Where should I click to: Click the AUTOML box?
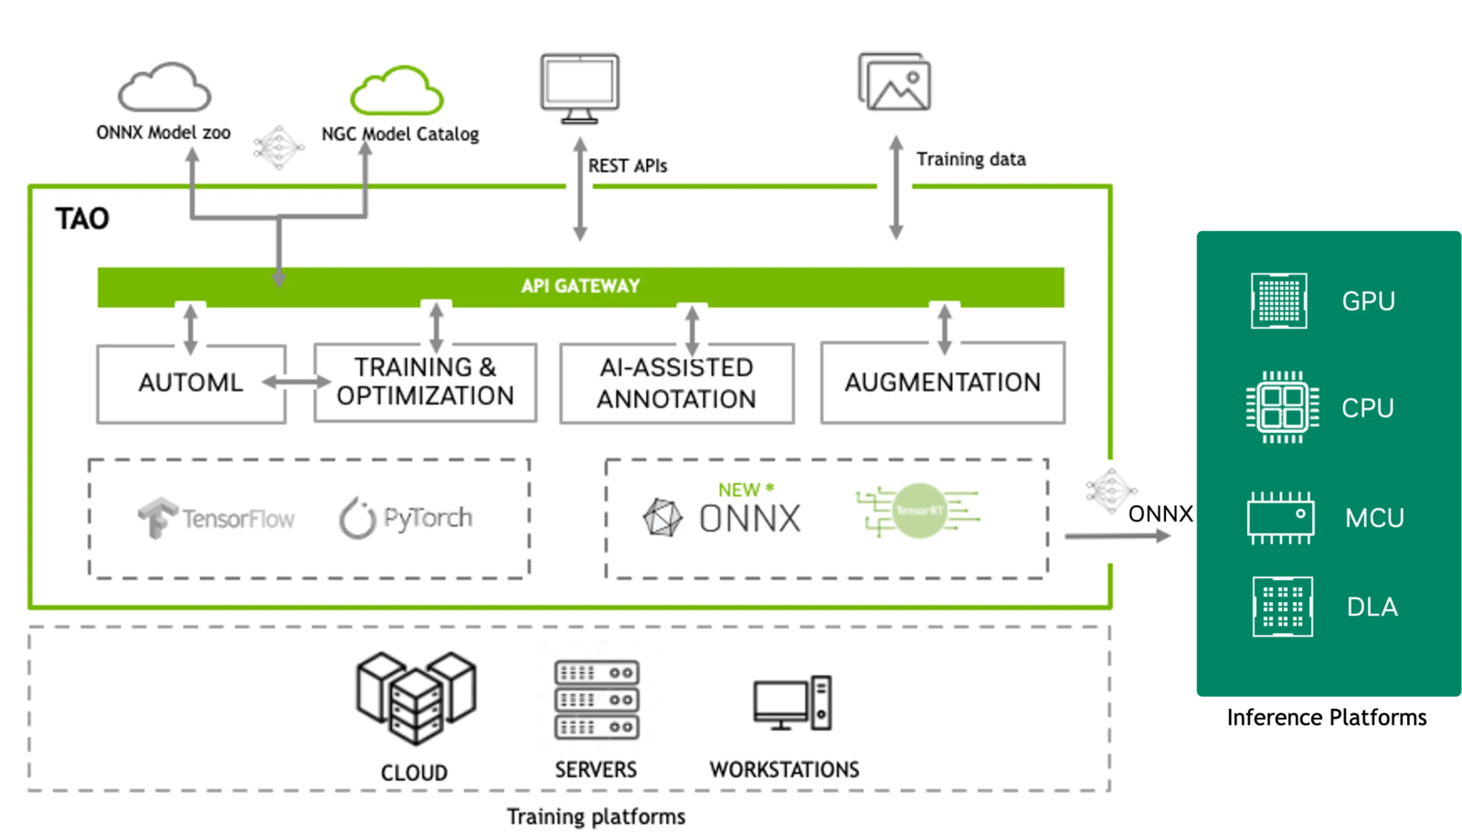coord(191,383)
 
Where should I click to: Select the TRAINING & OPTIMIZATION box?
coord(425,382)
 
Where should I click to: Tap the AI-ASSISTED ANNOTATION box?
coord(676,384)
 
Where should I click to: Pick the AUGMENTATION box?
coord(942,383)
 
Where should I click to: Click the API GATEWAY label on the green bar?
coord(580,286)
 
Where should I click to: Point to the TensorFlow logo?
coord(216,518)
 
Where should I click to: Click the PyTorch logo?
coord(406,518)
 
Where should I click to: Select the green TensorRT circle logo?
coord(918,511)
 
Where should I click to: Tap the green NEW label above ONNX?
coord(739,490)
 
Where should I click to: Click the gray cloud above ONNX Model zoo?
coord(164,88)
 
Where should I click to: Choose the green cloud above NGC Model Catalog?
coord(397,90)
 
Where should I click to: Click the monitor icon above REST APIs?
coord(579,88)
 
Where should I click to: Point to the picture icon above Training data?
coord(895,82)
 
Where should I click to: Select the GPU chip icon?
coord(1278,301)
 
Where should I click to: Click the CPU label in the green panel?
coord(1367,408)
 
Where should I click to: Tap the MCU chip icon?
coord(1280,517)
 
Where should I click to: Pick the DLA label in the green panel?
coord(1372,607)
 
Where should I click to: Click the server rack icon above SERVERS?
coord(596,701)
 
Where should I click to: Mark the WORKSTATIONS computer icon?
coord(792,703)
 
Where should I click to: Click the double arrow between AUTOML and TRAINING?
coord(297,382)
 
